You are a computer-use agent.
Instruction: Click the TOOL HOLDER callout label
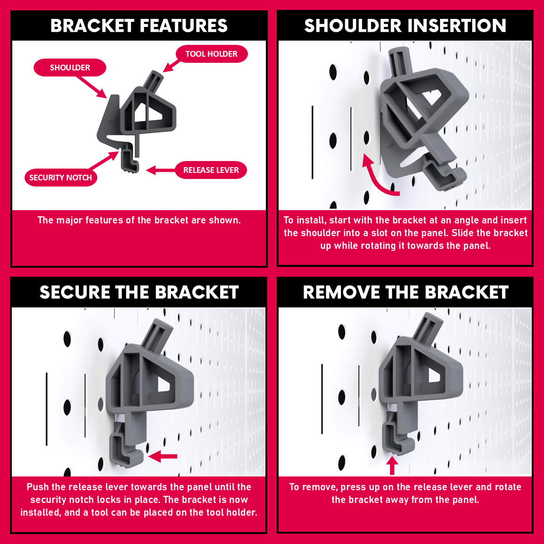212,54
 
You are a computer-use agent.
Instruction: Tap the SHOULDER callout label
70,68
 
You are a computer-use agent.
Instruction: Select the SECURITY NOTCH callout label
61,178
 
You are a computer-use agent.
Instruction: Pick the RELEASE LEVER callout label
211,170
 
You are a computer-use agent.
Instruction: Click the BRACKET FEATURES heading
139,25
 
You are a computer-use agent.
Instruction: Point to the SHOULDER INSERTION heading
405,25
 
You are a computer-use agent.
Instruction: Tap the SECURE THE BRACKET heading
139,292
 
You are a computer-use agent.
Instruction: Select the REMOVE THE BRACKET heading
406,292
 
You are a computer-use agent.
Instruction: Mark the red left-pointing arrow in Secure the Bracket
163,456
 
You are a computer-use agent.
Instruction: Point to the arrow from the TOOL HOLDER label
171,66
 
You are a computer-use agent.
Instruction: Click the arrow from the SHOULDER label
92,87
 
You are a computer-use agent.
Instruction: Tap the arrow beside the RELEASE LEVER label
161,170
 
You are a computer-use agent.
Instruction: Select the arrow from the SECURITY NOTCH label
103,160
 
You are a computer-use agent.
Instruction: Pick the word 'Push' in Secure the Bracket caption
38,487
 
